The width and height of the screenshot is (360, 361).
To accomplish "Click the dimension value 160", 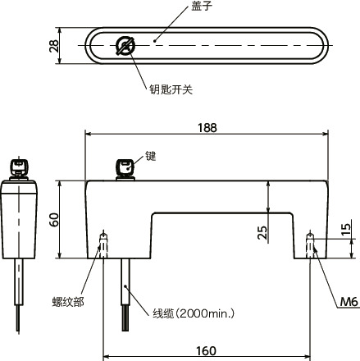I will tap(206, 351).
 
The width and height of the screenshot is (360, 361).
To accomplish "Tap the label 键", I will tap(150, 154).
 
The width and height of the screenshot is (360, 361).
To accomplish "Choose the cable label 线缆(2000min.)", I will tap(194, 313).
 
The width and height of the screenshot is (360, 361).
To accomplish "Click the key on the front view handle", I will tap(125, 167).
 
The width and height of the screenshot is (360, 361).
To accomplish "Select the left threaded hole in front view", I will tap(103, 244).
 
